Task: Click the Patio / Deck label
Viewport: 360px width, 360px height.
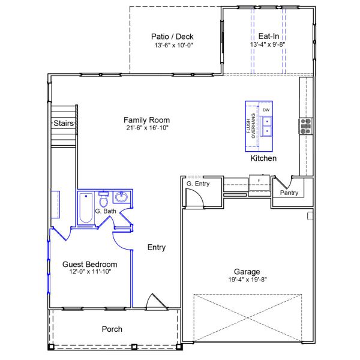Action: click(x=172, y=37)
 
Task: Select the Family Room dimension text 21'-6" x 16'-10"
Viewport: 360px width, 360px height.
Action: click(x=147, y=128)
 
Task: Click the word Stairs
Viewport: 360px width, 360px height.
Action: click(x=64, y=124)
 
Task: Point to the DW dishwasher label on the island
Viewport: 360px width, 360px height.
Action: click(x=266, y=110)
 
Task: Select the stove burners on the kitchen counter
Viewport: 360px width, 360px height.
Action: click(x=305, y=125)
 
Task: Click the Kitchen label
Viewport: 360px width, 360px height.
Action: click(x=263, y=159)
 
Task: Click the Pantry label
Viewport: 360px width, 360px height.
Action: click(x=289, y=193)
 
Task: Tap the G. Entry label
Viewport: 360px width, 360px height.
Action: click(x=197, y=184)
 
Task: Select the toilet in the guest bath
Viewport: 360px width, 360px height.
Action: click(x=103, y=198)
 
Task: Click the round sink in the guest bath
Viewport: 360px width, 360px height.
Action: click(x=122, y=197)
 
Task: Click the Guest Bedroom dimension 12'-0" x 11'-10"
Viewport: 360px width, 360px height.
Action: click(x=89, y=272)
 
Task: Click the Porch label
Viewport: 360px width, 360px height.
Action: click(x=112, y=329)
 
